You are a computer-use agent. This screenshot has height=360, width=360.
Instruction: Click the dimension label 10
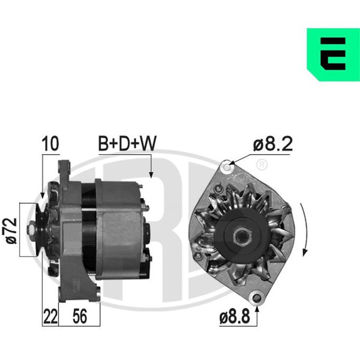click(50, 144)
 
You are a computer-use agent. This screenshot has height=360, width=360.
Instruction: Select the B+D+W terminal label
click(127, 143)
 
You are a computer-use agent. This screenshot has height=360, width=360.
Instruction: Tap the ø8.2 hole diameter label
click(273, 144)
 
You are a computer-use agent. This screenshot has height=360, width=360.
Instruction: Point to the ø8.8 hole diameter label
click(235, 317)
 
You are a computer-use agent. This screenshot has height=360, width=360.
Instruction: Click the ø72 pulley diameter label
click(11, 231)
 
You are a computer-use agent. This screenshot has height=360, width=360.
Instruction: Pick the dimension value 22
click(50, 317)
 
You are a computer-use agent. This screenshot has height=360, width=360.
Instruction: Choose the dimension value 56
click(80, 317)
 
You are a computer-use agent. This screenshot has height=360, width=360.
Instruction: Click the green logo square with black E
click(334, 55)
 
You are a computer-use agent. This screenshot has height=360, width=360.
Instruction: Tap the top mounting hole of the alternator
click(227, 167)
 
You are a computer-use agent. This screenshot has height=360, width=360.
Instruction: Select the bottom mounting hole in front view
click(257, 298)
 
